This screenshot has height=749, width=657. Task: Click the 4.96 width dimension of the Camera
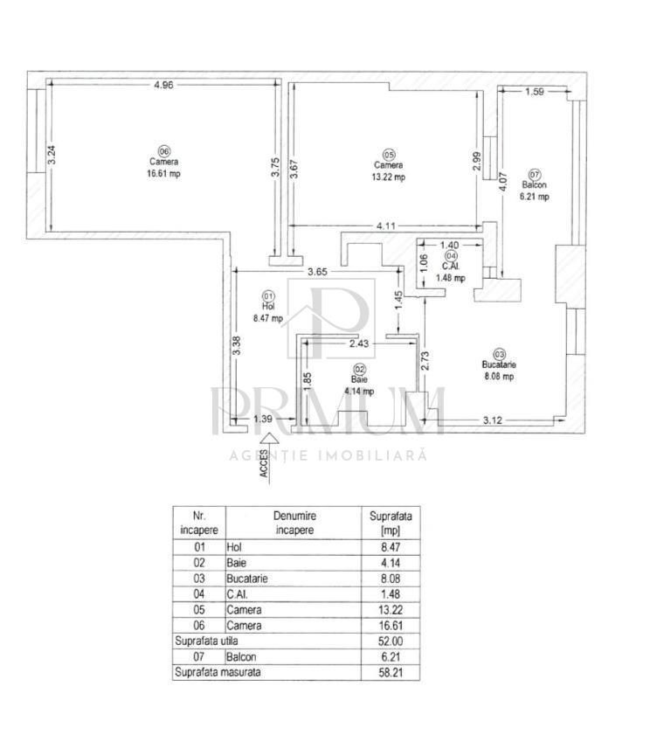[163, 85]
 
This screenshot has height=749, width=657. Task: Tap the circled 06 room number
[163, 151]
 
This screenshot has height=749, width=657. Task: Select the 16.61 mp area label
[163, 173]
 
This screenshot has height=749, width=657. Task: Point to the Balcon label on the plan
[535, 185]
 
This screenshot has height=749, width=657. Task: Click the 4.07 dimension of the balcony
[502, 181]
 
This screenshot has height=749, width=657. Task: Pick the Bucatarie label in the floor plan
[499, 364]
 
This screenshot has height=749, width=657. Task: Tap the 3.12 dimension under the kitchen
[493, 420]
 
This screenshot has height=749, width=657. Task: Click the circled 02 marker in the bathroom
[360, 369]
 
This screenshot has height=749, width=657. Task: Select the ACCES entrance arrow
[269, 456]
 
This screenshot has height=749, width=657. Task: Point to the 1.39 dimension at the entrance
[263, 419]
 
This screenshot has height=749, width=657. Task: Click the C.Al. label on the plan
[450, 267]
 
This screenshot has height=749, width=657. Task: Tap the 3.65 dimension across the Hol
[317, 272]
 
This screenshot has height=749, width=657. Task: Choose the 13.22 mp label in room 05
[389, 177]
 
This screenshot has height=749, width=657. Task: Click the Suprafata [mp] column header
[391, 523]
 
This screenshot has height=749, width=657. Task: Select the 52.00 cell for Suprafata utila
[391, 641]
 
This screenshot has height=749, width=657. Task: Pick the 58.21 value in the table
[391, 673]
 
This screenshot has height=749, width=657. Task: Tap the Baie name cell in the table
[237, 563]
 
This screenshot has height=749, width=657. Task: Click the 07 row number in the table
[198, 657]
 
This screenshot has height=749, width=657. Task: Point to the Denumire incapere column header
[294, 523]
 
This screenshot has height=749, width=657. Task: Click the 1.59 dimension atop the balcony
[535, 91]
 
